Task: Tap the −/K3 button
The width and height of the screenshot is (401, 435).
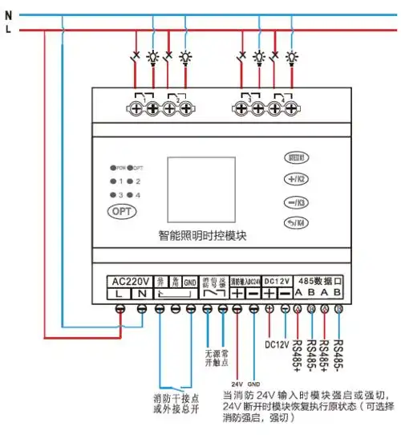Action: [x=296, y=202]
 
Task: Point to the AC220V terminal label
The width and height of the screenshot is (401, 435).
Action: [x=131, y=282]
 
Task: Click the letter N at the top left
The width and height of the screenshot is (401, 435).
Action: [x=7, y=14]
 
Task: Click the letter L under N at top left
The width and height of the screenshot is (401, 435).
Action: [x=7, y=30]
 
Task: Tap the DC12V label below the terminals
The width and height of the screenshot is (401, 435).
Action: [x=277, y=343]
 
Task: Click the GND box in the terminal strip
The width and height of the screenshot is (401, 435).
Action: [x=189, y=282]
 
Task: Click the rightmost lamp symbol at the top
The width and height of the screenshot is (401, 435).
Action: [x=292, y=58]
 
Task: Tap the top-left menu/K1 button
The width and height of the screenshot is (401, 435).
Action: [x=296, y=158]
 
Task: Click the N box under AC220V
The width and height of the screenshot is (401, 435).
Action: [x=141, y=295]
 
